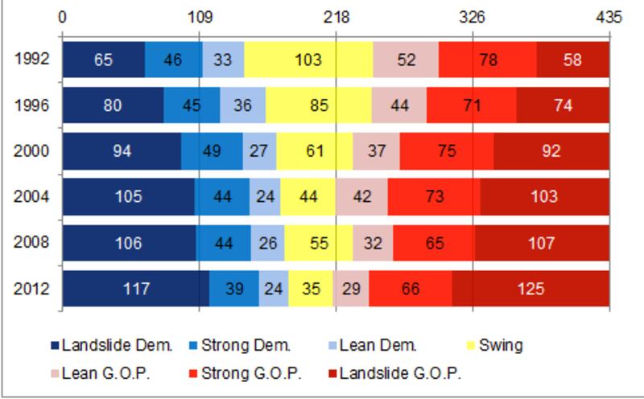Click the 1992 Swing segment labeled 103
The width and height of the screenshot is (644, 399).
coord(308,60)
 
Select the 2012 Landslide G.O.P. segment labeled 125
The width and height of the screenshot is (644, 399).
coord(530,289)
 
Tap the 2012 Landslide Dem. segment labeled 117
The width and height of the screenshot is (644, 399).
coord(136,289)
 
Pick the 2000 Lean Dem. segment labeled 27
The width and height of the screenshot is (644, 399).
coord(259,151)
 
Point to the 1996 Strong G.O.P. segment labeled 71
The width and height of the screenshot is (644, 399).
coord(471,105)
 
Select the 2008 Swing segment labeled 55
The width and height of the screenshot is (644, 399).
coord(318,243)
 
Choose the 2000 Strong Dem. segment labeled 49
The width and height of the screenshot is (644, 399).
coord(212,151)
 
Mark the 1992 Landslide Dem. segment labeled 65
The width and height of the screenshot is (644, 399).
coord(103,60)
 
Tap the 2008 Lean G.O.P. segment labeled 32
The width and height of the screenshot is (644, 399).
coord(373,243)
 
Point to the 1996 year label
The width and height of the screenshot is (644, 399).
coord(31,105)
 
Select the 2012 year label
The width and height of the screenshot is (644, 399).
coord(31,289)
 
